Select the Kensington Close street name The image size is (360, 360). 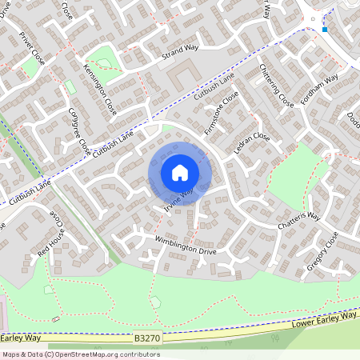click(100, 90)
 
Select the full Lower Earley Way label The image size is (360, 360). click(326, 319)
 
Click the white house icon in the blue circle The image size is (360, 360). click(180, 172)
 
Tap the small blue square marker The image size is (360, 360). click(325, 30)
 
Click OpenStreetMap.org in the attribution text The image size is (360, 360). click(84, 354)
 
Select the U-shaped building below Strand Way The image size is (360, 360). click(182, 75)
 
